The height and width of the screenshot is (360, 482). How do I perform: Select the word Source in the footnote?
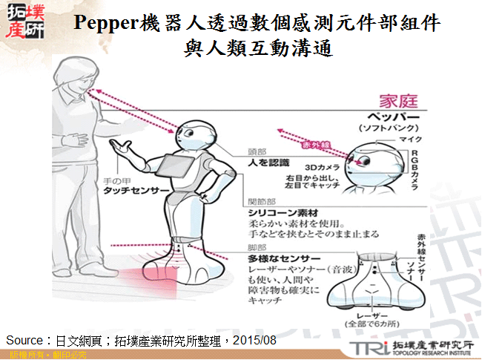pos(24,339)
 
